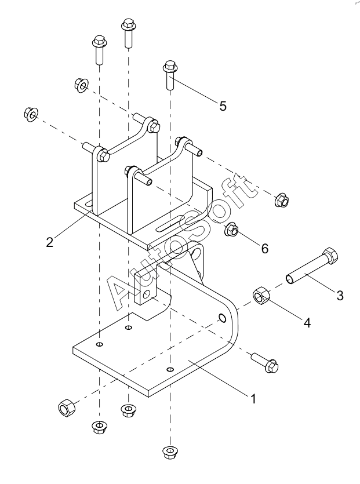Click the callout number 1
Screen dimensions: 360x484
click(253, 399)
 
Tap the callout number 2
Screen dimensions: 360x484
click(50, 242)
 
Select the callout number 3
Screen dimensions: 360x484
click(340, 296)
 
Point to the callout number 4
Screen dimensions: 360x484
click(307, 323)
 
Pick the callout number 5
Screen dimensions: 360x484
click(223, 106)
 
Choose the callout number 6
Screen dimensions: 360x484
click(265, 249)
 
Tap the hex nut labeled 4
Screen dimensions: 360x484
click(261, 296)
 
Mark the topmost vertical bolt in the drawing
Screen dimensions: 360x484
click(129, 34)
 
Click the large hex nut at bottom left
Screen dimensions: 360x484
click(67, 407)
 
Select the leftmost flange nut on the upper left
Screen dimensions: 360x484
click(31, 114)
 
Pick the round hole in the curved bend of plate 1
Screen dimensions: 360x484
click(222, 318)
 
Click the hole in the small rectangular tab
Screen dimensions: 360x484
click(146, 293)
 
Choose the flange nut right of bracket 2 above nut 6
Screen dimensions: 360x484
click(282, 200)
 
